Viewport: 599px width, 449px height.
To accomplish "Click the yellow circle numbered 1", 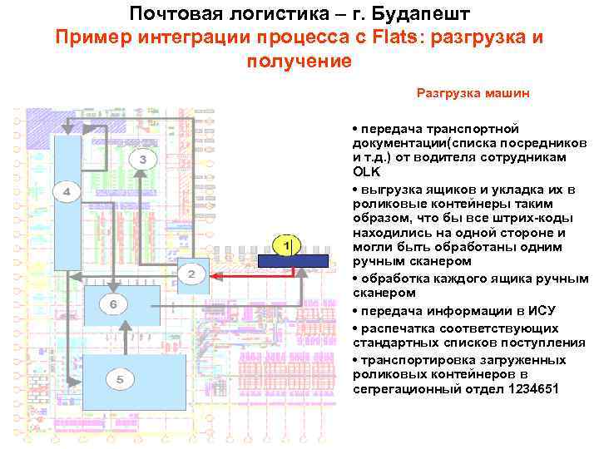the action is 285,246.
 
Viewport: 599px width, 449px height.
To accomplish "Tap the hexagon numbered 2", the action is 191,274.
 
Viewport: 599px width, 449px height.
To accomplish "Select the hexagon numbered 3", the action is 142,158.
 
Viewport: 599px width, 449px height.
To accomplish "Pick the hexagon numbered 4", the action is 67,192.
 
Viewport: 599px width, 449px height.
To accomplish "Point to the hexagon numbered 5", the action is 120,379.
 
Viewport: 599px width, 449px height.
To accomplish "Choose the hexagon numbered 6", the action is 113,304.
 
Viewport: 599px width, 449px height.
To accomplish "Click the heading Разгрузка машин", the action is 472,93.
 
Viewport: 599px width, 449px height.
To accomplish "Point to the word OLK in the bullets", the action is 366,172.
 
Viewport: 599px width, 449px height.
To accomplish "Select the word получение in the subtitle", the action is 299,62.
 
